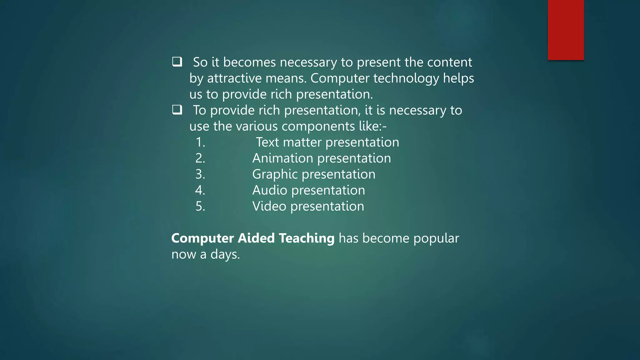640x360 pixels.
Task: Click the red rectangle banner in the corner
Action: pos(566,30)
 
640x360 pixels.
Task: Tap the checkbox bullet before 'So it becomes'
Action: pos(177,62)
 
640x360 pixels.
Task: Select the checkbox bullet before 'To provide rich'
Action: pos(177,110)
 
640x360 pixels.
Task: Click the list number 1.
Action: pos(200,142)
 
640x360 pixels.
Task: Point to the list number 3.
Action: pos(200,174)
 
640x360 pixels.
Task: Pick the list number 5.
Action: pos(200,207)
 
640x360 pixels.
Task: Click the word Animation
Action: pos(282,158)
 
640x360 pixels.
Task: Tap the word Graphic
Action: pos(275,174)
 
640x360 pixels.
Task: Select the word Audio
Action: pos(269,190)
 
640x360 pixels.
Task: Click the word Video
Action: pos(269,206)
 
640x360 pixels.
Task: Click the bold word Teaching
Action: pos(307,238)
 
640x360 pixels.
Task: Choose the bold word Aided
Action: pos(256,238)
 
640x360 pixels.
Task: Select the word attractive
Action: pos(234,78)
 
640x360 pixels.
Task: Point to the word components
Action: pos(318,127)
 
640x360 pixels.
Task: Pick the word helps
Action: pos(458,78)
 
